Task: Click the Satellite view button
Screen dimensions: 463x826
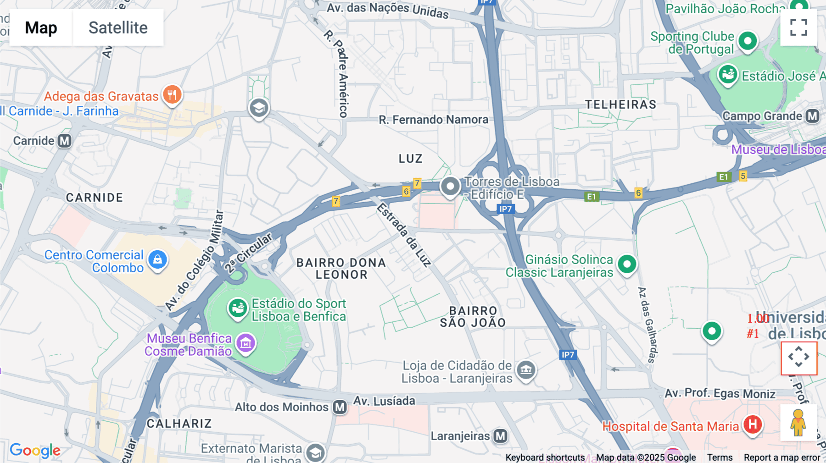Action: point(118,28)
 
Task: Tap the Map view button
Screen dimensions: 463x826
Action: point(41,28)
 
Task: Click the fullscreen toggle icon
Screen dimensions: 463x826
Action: point(798,28)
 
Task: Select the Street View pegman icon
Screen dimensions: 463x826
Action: point(798,423)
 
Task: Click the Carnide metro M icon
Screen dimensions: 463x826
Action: point(65,141)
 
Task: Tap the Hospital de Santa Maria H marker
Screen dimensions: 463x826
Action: point(753,424)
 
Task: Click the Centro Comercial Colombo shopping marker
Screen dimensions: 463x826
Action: point(157,259)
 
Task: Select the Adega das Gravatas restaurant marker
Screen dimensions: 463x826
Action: point(172,95)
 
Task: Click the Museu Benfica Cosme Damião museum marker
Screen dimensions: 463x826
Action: point(246,343)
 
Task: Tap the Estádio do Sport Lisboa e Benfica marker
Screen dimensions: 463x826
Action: point(237,308)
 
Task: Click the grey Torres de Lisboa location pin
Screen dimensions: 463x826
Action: point(450,187)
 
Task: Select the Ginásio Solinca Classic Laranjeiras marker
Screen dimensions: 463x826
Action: point(627,264)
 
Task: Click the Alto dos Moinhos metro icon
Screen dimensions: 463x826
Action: point(340,407)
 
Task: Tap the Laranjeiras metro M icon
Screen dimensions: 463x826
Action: point(500,436)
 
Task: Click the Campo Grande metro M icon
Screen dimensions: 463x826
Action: point(813,116)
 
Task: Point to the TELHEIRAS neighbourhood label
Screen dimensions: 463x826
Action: point(620,105)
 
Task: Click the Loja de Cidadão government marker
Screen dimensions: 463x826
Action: point(526,369)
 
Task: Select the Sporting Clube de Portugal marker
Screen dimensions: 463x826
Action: point(748,41)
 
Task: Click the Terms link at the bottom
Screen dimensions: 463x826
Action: point(720,457)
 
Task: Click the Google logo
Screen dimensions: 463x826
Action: point(35,450)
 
